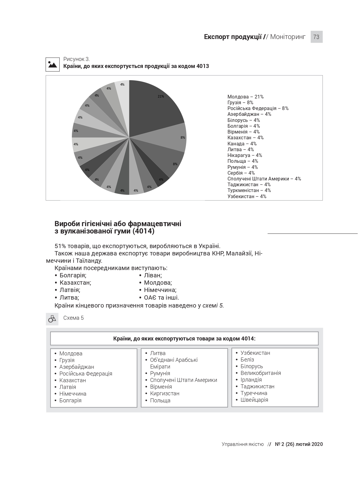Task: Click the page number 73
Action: click(316, 37)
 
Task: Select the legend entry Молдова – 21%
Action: click(245, 97)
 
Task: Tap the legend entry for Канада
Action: click(242, 144)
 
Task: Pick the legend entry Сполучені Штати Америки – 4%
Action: click(264, 179)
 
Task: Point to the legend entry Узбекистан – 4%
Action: click(247, 196)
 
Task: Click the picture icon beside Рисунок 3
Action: click(52, 64)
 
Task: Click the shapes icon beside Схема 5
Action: click(52, 319)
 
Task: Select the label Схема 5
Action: click(73, 318)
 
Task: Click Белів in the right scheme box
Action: click(247, 360)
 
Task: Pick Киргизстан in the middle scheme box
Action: click(164, 393)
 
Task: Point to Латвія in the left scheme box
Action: click(68, 387)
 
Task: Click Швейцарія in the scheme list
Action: click(254, 400)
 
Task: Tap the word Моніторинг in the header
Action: click(288, 37)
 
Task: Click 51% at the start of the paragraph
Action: click(61, 246)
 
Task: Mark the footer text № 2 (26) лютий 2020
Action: click(298, 444)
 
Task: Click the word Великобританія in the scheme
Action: click(260, 373)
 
